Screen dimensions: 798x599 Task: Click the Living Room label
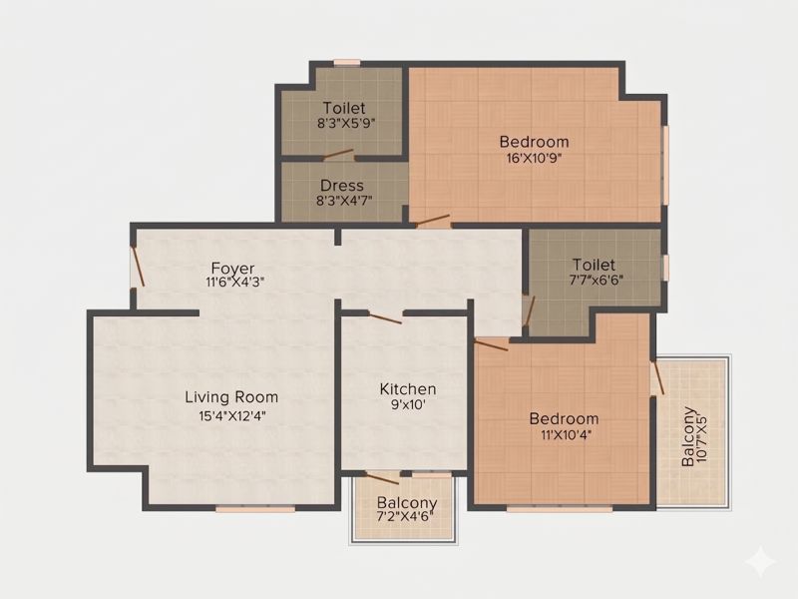(x=231, y=397)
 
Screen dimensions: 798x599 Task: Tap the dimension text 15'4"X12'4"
(x=232, y=416)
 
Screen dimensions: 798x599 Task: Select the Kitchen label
(x=408, y=389)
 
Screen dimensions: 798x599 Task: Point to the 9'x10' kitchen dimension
(x=407, y=405)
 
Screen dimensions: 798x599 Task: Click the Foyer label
(x=232, y=268)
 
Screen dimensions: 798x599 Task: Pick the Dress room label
(x=342, y=185)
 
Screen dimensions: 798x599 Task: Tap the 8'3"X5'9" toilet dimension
(x=346, y=123)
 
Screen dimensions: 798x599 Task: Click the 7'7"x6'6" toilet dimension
(x=596, y=280)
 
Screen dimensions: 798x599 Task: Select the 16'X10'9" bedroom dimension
(x=534, y=158)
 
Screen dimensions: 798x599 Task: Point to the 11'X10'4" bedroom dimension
(x=564, y=435)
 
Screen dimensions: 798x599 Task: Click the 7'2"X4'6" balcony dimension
(x=405, y=517)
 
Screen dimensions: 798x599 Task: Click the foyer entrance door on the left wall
(x=138, y=267)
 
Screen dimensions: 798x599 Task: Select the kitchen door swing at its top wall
(x=385, y=318)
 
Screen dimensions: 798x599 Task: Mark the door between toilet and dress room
(x=338, y=155)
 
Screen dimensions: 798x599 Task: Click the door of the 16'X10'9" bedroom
(x=432, y=221)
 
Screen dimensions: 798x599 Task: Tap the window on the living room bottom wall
(x=255, y=508)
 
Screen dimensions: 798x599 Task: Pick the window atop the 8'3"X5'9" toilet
(x=347, y=63)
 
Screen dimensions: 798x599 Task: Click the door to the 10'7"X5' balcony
(x=657, y=377)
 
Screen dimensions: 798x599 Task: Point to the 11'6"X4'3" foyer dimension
(x=234, y=282)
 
